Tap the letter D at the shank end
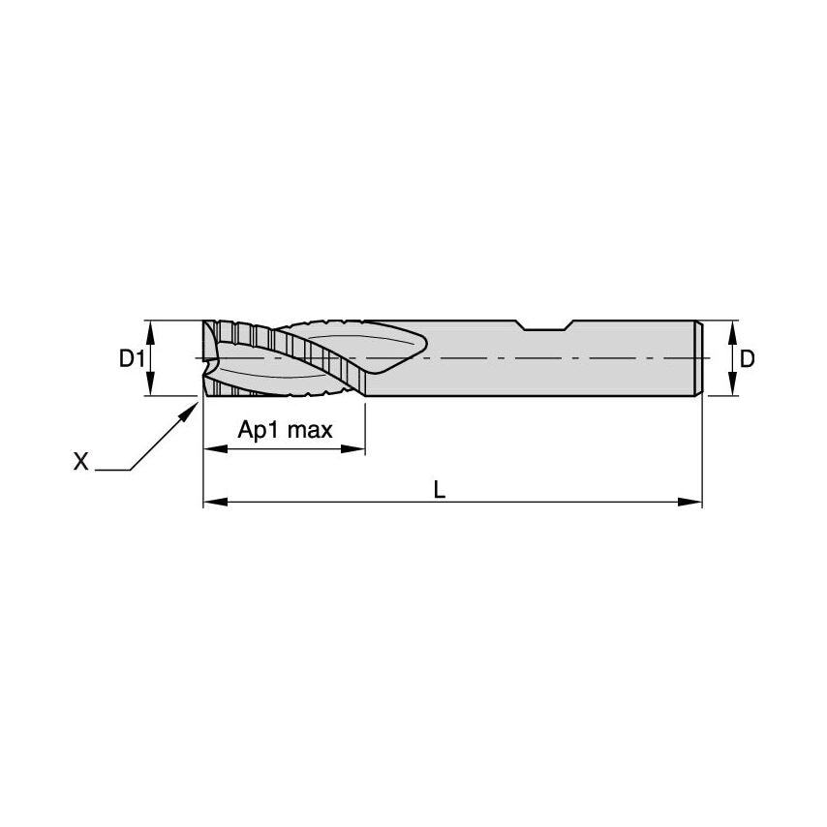(x=747, y=358)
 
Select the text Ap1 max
(x=285, y=430)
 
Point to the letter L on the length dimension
(x=440, y=491)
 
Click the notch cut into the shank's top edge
(x=546, y=325)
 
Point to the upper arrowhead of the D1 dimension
(x=150, y=328)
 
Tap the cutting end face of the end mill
(x=206, y=358)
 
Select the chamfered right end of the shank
(x=698, y=358)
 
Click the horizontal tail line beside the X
(x=112, y=471)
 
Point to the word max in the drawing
(x=311, y=430)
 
